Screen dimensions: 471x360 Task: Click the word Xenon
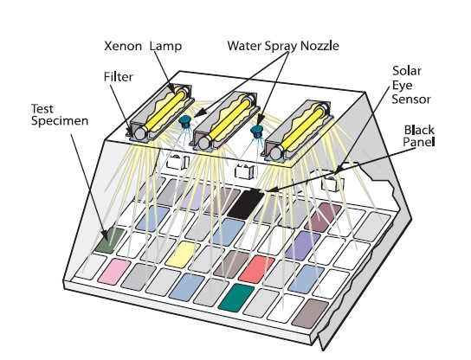[x=123, y=46]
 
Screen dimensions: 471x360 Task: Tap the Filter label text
[x=119, y=77]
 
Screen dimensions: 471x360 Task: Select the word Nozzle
[x=319, y=46]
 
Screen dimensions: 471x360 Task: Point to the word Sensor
[x=411, y=99]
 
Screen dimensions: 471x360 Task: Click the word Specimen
[x=60, y=121]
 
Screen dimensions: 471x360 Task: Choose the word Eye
[x=403, y=86]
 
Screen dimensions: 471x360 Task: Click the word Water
[x=244, y=46]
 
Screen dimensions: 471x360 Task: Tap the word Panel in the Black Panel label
[x=419, y=142]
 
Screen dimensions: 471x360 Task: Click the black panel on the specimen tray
[x=246, y=204]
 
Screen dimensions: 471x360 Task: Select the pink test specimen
[x=114, y=272]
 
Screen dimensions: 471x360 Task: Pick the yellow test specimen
[x=183, y=254]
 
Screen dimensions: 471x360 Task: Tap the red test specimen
[x=256, y=269]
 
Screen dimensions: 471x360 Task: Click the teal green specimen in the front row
[x=236, y=298]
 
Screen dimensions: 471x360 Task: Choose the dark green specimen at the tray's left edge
[x=109, y=240]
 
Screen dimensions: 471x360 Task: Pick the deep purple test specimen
[x=303, y=245]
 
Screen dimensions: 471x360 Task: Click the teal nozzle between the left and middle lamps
[x=184, y=121]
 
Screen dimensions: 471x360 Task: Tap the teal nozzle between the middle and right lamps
[x=257, y=132]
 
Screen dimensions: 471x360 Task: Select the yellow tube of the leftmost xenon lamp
[x=165, y=111]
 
